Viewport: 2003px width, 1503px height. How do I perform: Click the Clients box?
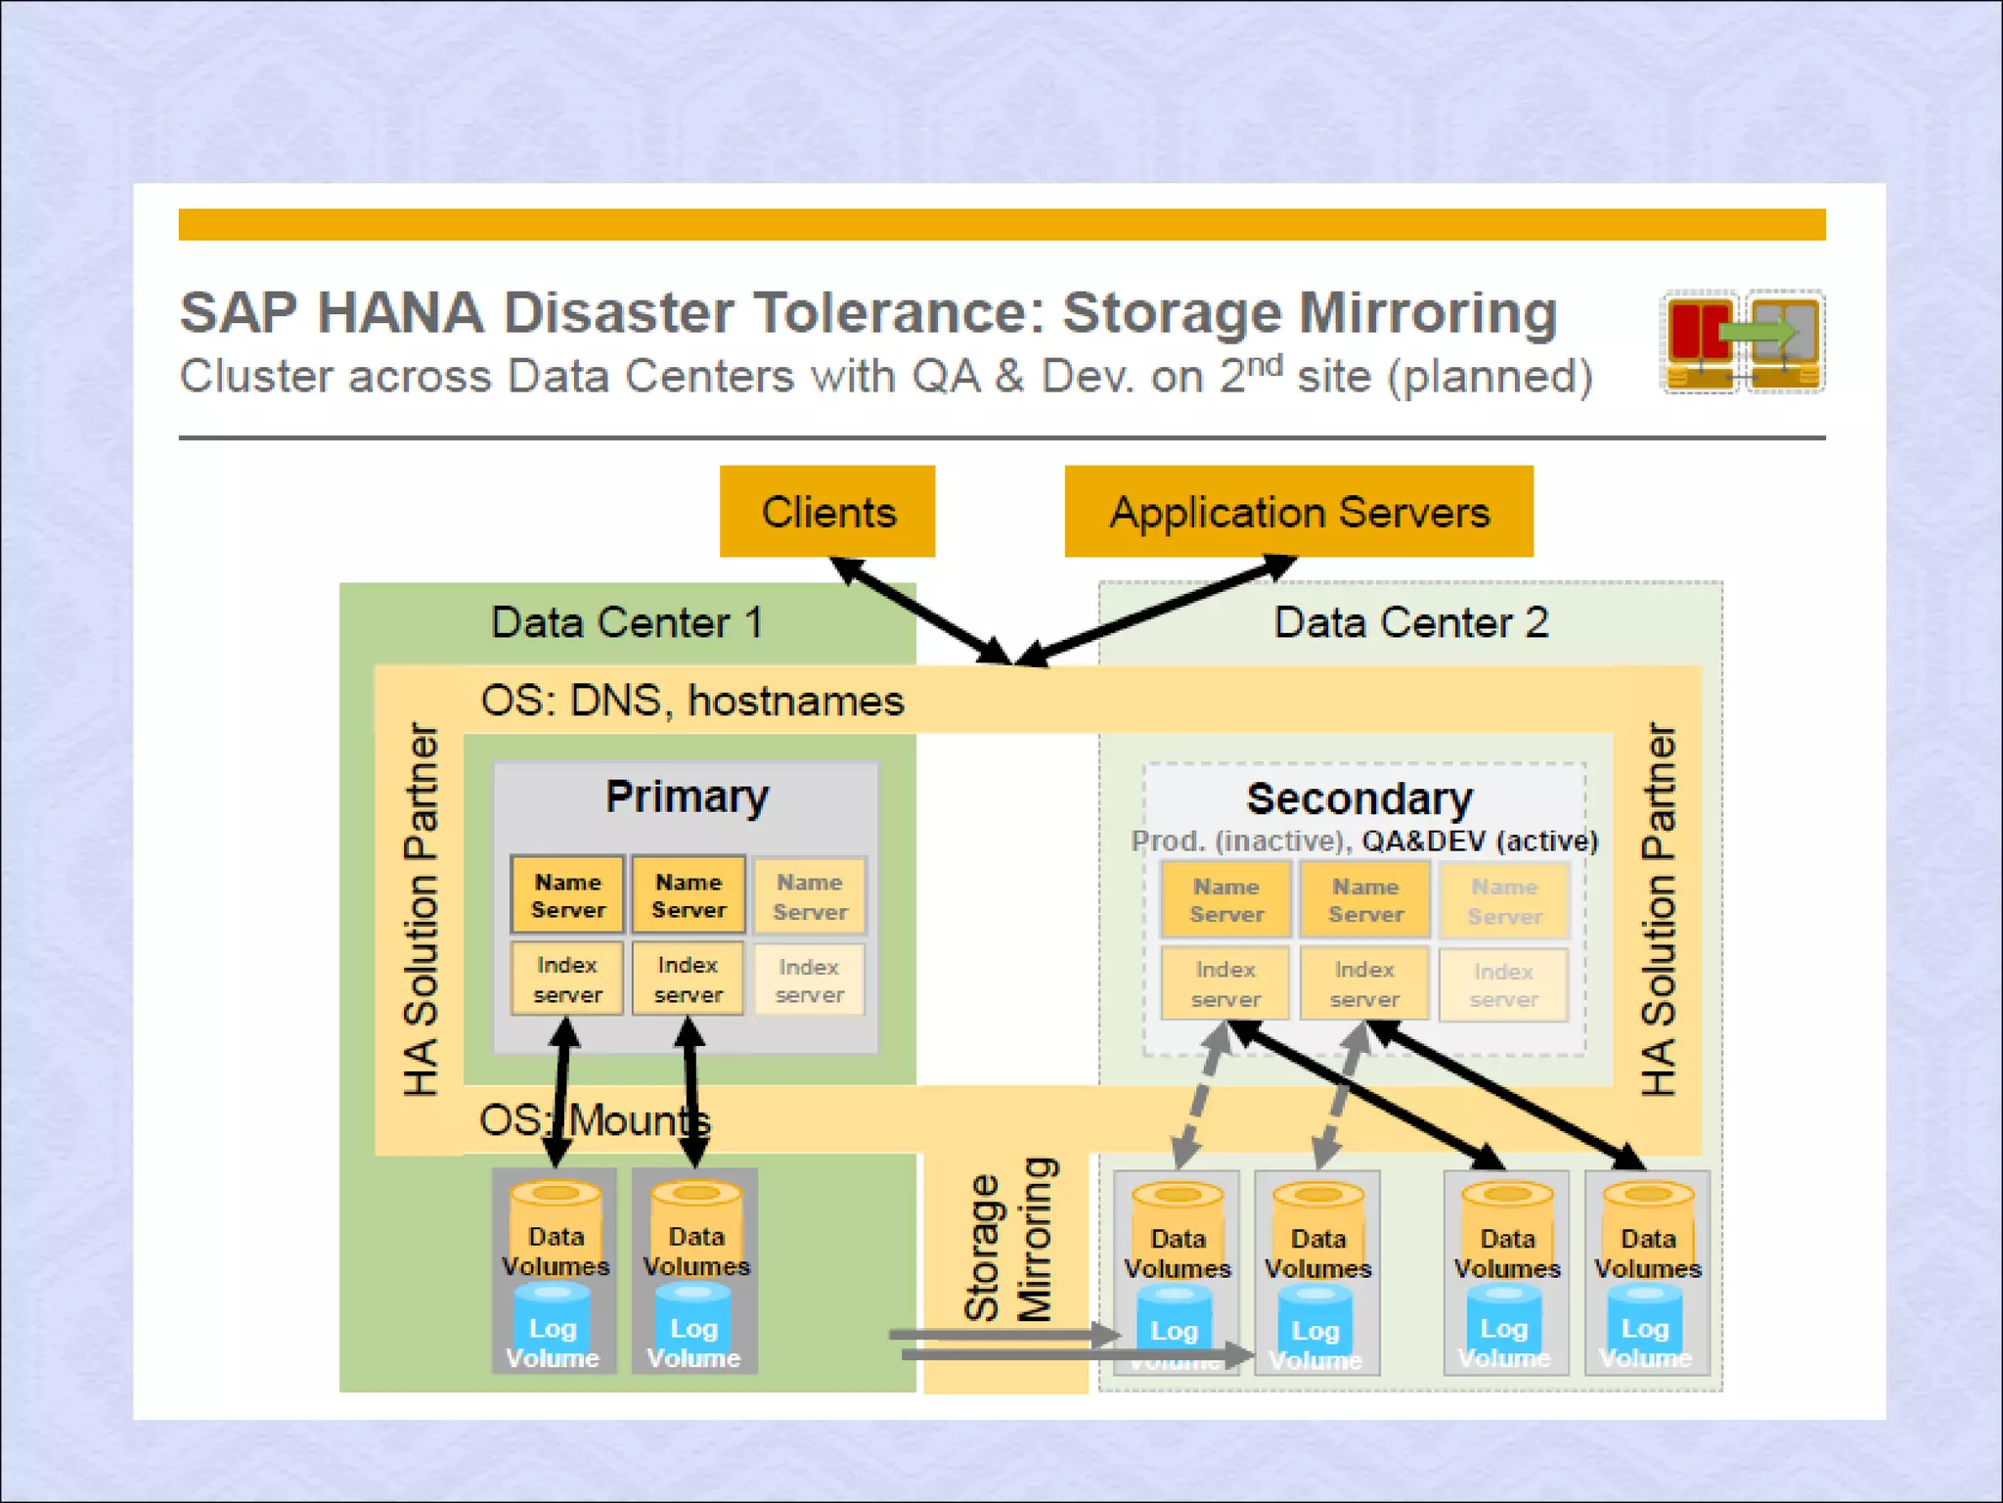click(827, 512)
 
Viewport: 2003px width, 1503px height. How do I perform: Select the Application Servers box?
click(1299, 512)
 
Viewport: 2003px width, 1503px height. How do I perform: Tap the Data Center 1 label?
click(626, 622)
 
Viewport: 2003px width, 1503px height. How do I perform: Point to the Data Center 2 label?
click(1410, 622)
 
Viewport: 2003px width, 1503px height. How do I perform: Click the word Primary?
click(687, 797)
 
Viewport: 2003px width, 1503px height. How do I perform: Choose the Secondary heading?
click(1358, 798)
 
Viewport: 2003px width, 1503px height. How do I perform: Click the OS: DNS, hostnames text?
click(692, 701)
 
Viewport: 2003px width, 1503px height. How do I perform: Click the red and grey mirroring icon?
click(1743, 341)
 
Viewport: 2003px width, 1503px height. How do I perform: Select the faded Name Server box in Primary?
click(810, 896)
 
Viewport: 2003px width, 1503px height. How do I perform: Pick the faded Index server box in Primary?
click(810, 979)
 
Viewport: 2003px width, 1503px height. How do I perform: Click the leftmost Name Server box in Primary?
click(567, 895)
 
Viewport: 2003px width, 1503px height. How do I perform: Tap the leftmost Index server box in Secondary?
click(1224, 983)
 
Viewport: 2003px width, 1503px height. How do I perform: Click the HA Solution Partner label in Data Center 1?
click(421, 909)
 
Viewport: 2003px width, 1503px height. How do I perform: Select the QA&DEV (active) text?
click(1480, 841)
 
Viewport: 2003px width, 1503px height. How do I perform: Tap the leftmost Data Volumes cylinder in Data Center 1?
click(556, 1235)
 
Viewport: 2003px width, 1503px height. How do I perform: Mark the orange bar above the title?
click(1001, 224)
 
